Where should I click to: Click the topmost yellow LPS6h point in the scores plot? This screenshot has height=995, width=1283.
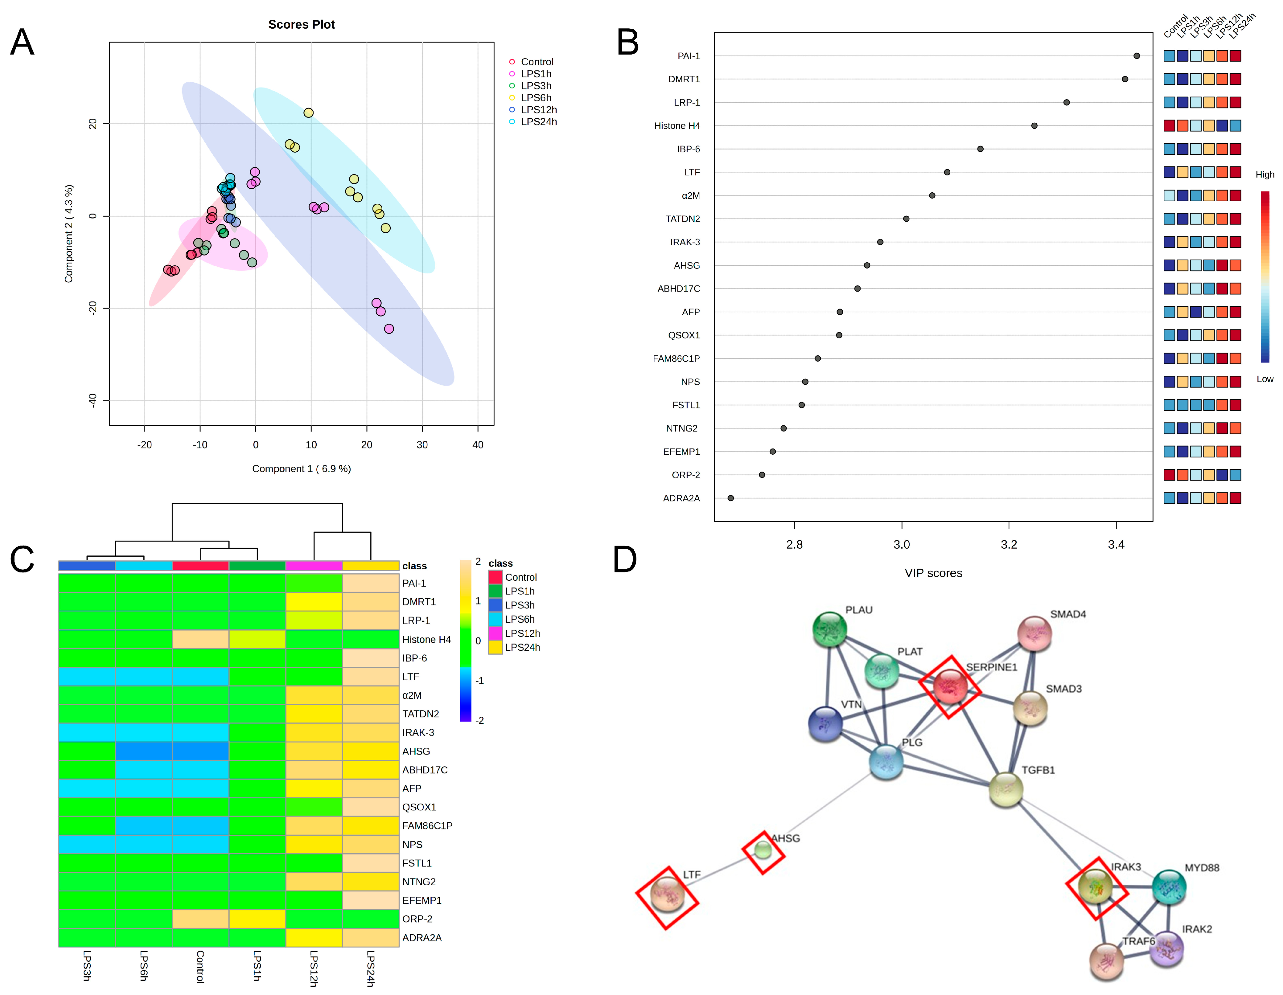click(x=308, y=113)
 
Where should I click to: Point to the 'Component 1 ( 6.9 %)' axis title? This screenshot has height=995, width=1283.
click(x=301, y=469)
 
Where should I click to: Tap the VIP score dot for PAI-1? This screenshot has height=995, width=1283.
click(x=1137, y=56)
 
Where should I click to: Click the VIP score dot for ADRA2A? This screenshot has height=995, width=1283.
click(x=731, y=498)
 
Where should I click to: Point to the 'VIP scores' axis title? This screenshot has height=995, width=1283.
click(x=933, y=573)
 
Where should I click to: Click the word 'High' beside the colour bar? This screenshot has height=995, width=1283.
click(x=1265, y=174)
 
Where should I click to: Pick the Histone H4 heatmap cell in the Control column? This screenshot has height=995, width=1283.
click(x=200, y=639)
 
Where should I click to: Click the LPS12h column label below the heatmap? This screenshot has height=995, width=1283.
click(x=314, y=968)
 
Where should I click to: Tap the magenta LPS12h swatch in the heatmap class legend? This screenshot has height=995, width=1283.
click(x=495, y=633)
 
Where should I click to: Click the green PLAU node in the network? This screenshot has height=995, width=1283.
click(x=829, y=629)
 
